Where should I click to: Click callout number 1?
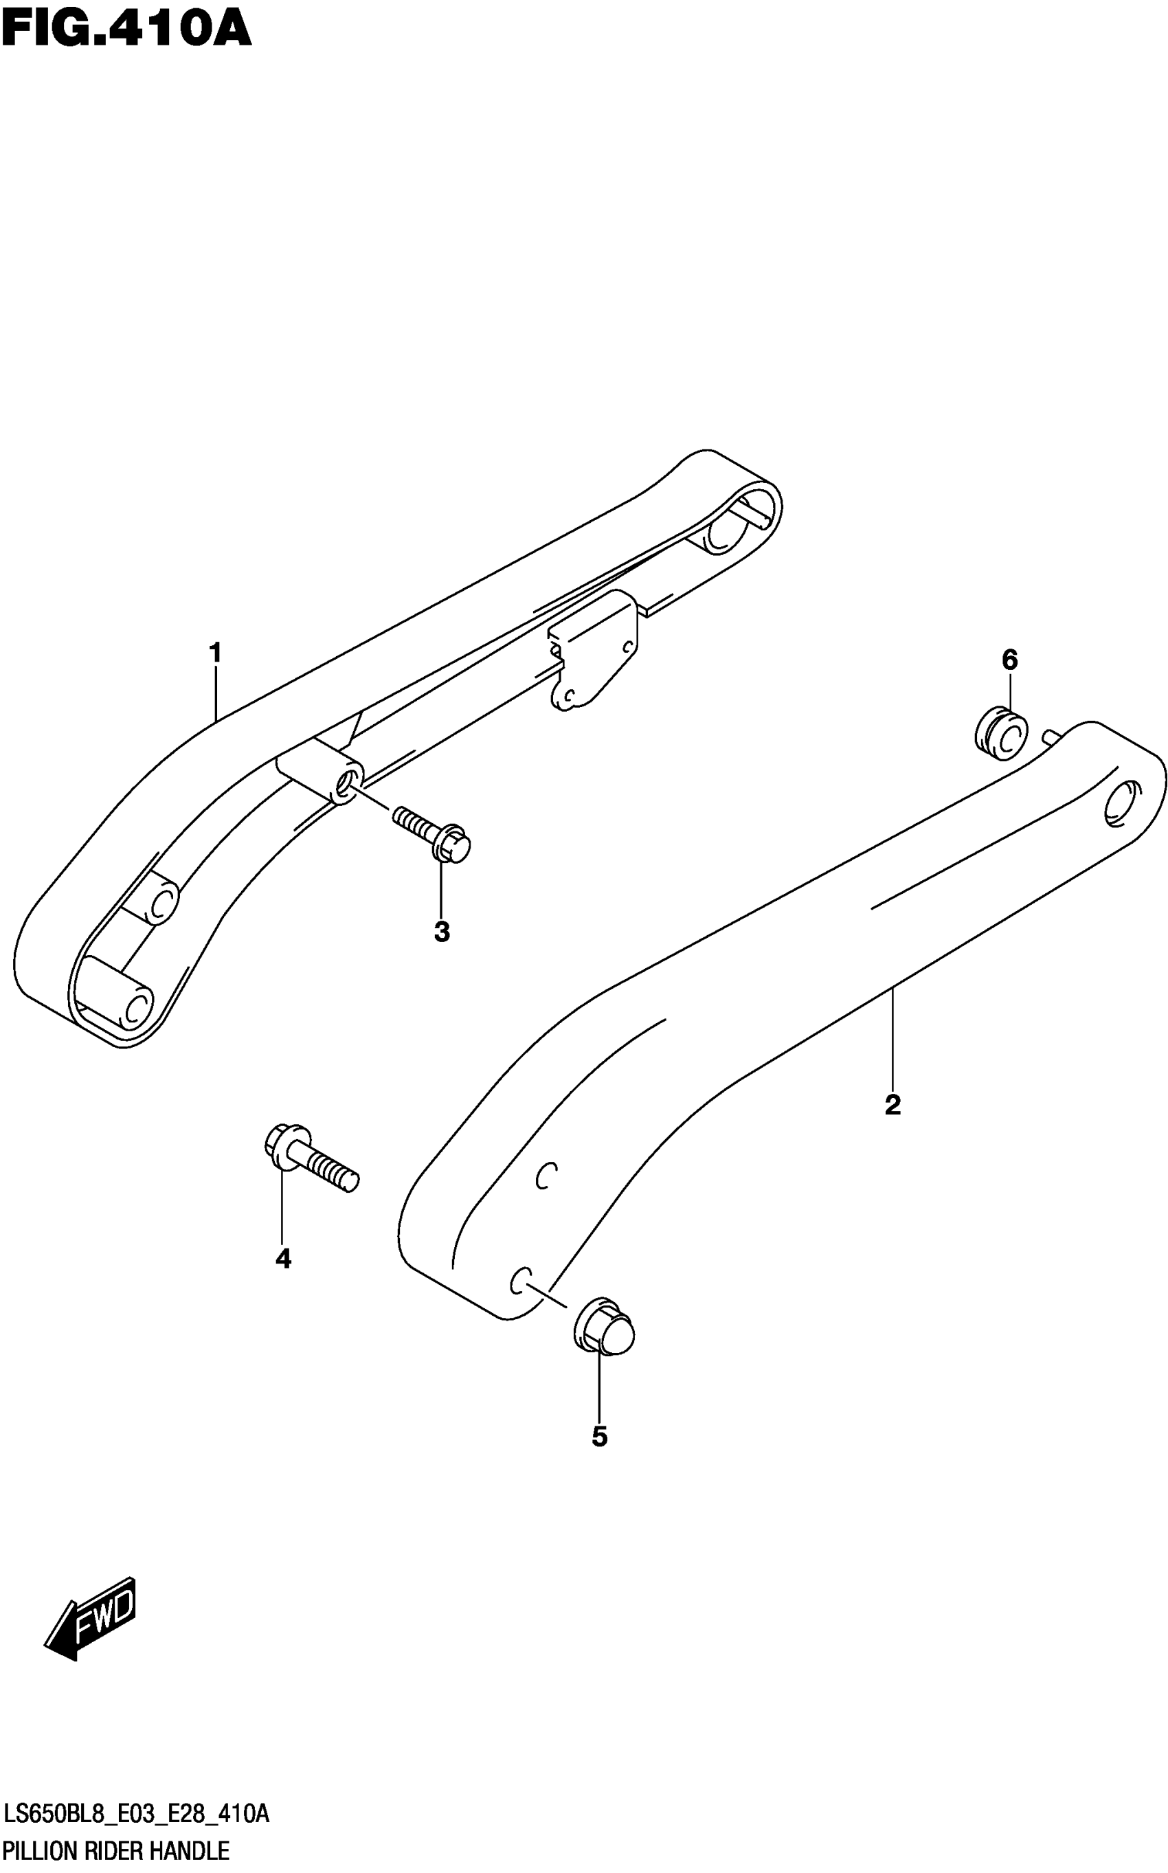click(x=216, y=653)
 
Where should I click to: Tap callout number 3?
click(x=441, y=932)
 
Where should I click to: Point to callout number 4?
click(x=283, y=1259)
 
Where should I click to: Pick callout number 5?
click(x=599, y=1437)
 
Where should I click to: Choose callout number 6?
click(x=1009, y=660)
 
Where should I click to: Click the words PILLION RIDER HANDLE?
click(x=116, y=1850)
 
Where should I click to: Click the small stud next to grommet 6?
click(x=1051, y=737)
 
